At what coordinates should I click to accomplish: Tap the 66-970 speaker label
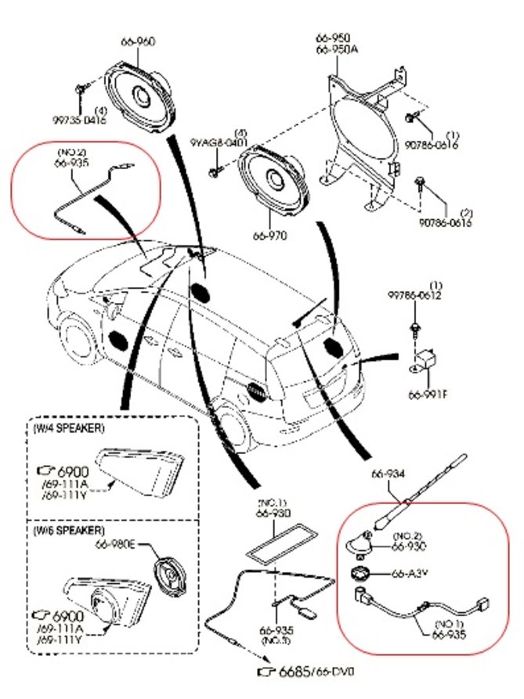click(x=270, y=233)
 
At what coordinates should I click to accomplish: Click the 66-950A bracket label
click(x=335, y=49)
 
